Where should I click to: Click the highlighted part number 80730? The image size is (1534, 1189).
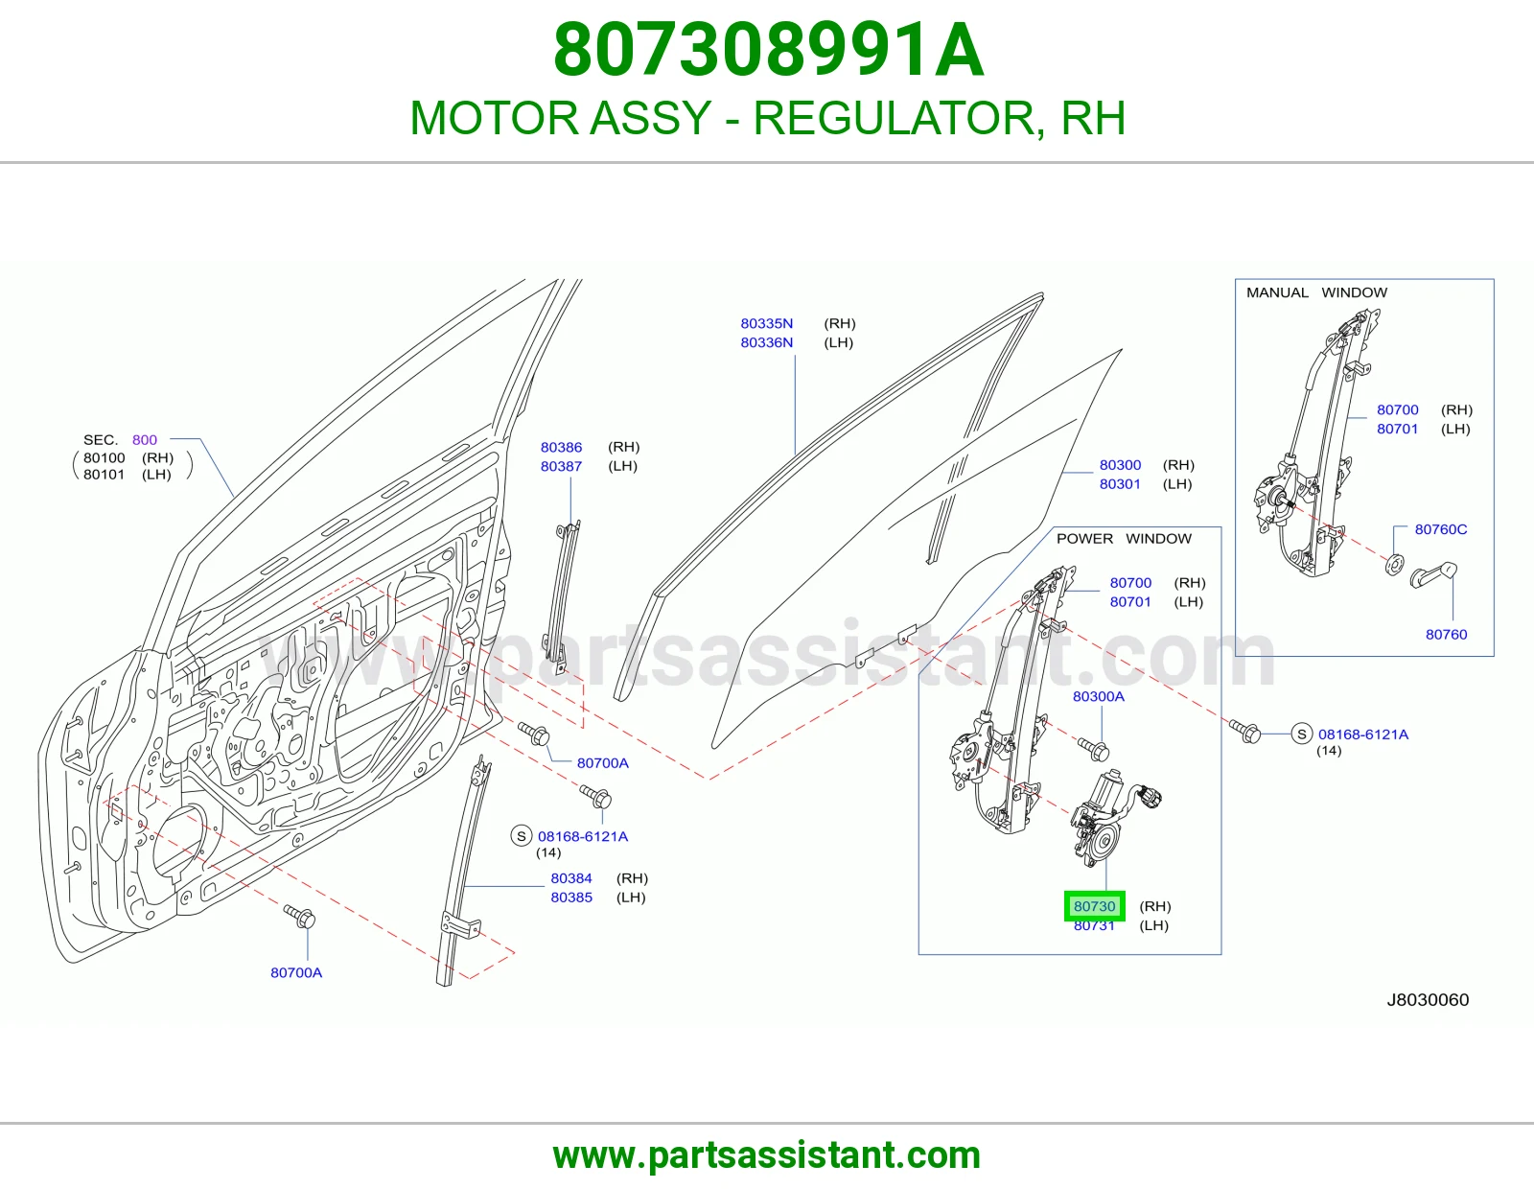(x=1094, y=906)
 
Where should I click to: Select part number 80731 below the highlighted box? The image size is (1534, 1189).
(x=1094, y=925)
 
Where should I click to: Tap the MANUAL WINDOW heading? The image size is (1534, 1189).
(x=1316, y=292)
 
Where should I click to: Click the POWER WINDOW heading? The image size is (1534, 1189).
(x=1124, y=539)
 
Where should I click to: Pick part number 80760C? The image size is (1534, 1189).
(x=1441, y=529)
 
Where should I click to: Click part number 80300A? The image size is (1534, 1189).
(x=1099, y=697)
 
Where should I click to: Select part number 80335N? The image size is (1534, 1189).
(x=767, y=323)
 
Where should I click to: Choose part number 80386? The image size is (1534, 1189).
(x=561, y=447)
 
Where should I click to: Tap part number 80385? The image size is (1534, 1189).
(x=571, y=898)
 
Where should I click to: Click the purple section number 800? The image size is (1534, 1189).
(x=145, y=440)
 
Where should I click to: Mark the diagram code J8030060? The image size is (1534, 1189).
(x=1429, y=1000)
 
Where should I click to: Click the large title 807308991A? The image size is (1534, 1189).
(x=768, y=50)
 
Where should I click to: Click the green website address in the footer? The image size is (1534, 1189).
(x=767, y=1156)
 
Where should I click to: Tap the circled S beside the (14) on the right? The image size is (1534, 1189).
(x=1302, y=734)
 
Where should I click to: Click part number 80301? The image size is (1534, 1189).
(x=1121, y=484)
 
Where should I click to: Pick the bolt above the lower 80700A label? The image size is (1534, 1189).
(x=300, y=918)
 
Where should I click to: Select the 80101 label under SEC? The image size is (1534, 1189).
(x=104, y=475)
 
